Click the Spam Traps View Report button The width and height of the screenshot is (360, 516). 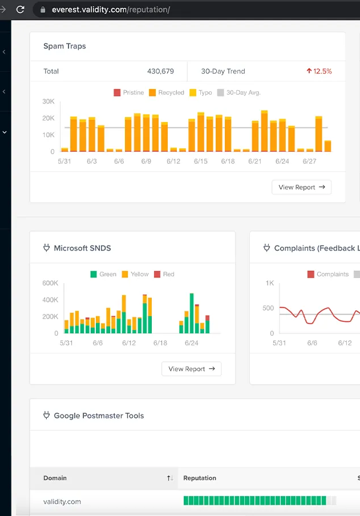click(x=301, y=187)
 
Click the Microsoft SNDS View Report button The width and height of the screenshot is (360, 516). click(x=191, y=369)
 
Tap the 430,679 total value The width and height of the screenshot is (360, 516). click(x=160, y=71)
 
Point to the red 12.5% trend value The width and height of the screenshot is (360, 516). click(x=319, y=71)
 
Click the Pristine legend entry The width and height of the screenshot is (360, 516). click(x=128, y=92)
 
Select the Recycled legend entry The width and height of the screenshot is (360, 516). click(x=167, y=92)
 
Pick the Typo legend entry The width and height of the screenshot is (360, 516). click(x=201, y=92)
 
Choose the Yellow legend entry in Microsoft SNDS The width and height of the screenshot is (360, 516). click(x=135, y=274)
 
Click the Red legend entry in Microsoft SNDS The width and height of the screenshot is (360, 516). click(x=164, y=274)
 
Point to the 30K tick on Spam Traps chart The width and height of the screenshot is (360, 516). click(x=48, y=102)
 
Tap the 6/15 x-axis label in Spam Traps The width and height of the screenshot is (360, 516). click(x=200, y=162)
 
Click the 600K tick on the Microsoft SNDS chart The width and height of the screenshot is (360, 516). click(x=50, y=283)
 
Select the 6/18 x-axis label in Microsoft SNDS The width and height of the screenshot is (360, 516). click(x=160, y=343)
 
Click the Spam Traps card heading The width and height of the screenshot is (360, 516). click(x=64, y=46)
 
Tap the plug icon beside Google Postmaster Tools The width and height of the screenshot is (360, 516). click(x=47, y=416)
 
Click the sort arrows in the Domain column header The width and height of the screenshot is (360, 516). click(x=169, y=478)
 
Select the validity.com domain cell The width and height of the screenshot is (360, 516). click(x=62, y=502)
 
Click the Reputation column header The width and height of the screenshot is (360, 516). click(x=200, y=478)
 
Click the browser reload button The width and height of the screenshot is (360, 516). click(x=21, y=10)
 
